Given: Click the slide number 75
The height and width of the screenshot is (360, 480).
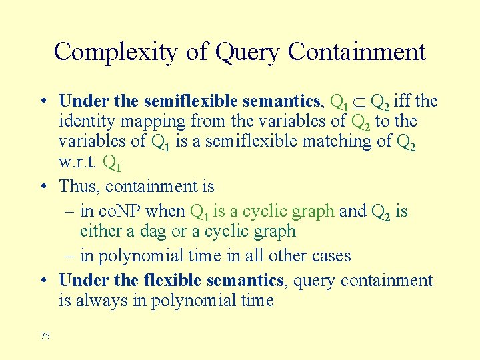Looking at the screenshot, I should tap(45, 336).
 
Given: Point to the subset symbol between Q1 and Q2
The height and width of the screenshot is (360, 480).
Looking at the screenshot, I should tap(359, 102).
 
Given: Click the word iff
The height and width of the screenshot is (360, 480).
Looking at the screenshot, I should tap(402, 101).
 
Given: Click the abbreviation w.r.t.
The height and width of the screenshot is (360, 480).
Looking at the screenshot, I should tap(77, 161).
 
